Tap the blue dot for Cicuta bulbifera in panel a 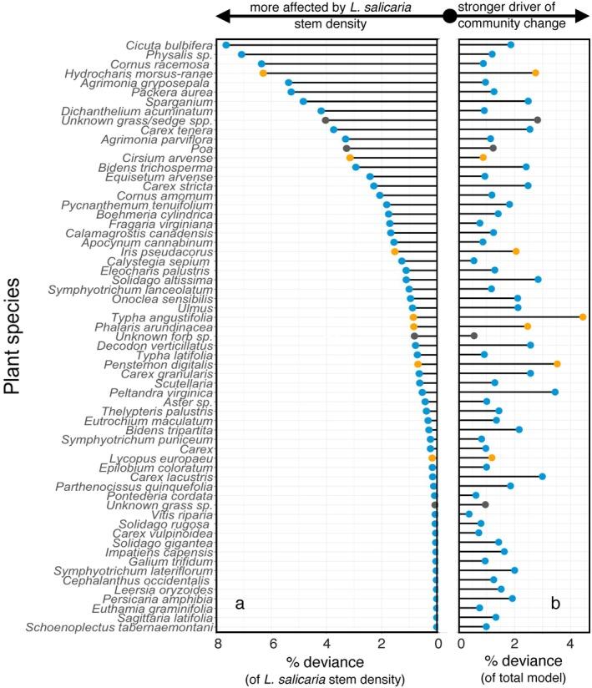tap(225, 44)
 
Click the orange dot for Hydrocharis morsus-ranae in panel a tap(263, 73)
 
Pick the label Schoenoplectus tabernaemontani tap(121, 627)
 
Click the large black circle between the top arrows tap(449, 14)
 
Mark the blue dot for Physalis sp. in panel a tap(241, 54)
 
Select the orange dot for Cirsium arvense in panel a tap(350, 157)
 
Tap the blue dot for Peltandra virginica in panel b tap(554, 392)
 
